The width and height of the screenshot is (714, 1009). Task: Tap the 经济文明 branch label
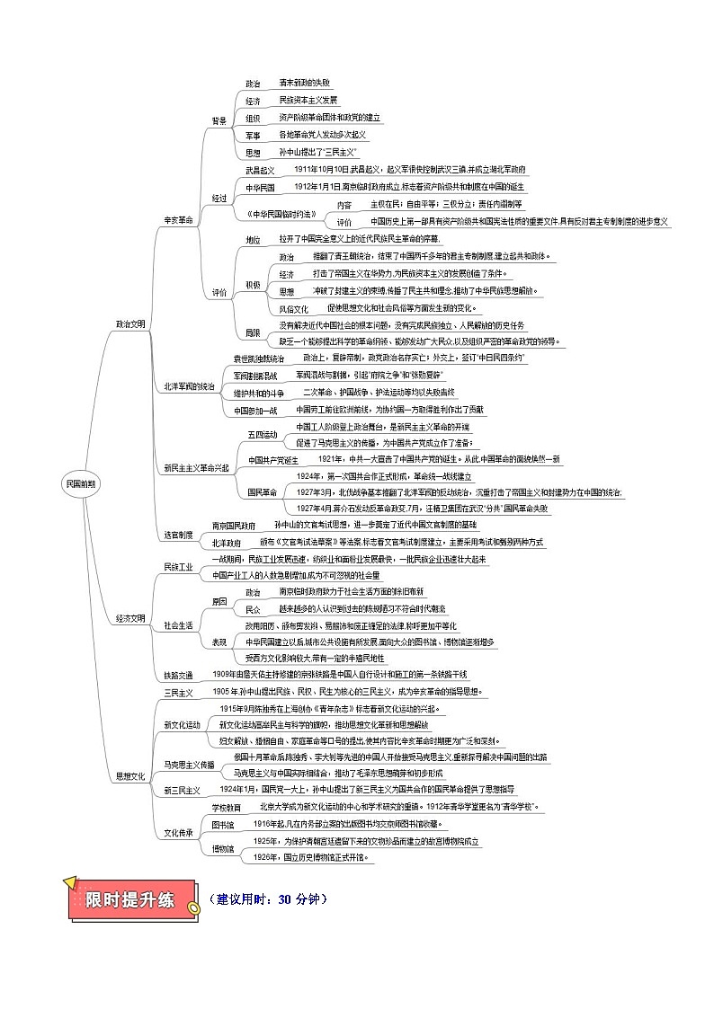point(130,618)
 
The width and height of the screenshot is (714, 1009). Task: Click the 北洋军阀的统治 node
point(189,386)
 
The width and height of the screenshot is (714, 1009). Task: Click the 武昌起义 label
point(260,169)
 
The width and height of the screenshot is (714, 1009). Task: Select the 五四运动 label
point(263,434)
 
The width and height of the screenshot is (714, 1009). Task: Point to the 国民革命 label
point(262,492)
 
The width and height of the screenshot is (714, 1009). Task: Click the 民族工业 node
point(178,567)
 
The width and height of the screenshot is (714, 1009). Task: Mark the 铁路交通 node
point(178,675)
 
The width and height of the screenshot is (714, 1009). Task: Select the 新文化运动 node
point(182,724)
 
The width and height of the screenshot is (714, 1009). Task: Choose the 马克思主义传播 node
point(189,765)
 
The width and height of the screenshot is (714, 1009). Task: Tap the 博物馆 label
point(222,849)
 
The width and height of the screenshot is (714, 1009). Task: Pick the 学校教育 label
point(226,808)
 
